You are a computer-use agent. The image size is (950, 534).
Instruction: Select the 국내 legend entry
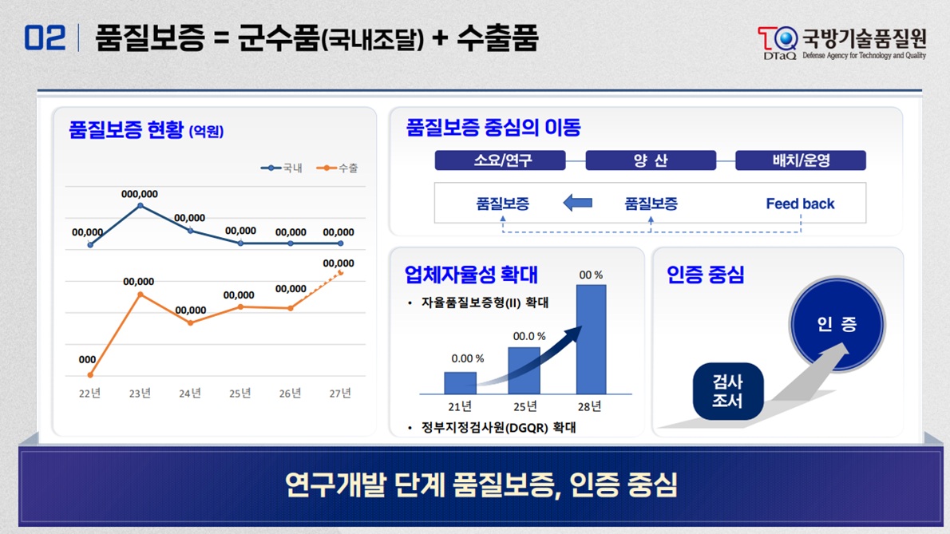tap(282, 168)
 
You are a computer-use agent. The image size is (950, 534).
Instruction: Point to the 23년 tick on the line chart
tap(140, 393)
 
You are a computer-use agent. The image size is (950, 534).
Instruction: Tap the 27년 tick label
tap(341, 393)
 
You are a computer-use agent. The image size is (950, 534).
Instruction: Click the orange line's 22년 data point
tap(90, 374)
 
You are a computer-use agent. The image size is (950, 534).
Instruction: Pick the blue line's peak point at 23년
tap(141, 206)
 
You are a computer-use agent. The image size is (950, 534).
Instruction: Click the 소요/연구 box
tap(500, 160)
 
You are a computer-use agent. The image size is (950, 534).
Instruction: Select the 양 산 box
tap(650, 160)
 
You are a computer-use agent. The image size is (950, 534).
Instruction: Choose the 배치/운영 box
tap(800, 160)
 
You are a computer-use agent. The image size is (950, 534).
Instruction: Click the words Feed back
tap(800, 204)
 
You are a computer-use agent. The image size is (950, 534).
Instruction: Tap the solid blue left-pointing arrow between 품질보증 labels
tap(578, 203)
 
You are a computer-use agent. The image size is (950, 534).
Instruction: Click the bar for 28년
tap(591, 339)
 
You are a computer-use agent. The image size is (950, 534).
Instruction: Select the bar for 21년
tap(460, 383)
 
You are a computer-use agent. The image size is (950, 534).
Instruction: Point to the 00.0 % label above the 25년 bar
tap(529, 336)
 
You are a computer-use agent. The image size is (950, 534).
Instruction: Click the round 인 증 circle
tap(837, 325)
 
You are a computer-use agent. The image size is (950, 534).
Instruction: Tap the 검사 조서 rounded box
tap(728, 391)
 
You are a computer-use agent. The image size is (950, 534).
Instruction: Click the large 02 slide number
tap(45, 38)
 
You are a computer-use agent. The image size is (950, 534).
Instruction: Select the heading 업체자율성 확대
tap(471, 275)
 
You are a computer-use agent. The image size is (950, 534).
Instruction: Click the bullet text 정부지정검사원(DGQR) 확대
tap(498, 428)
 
